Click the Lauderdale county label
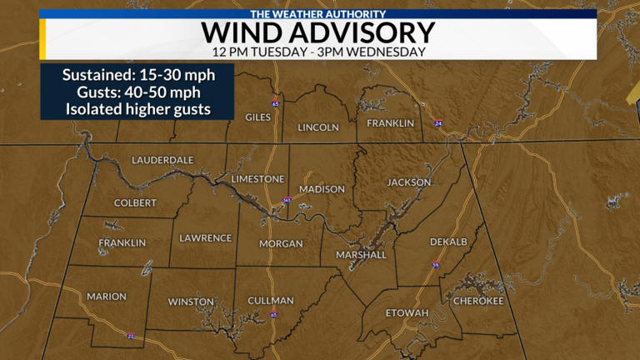(x=162, y=160)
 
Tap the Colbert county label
(x=135, y=202)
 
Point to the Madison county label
(x=322, y=189)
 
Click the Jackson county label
(x=408, y=182)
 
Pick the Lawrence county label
(x=206, y=238)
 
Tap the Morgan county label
(x=281, y=244)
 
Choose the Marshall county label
(x=362, y=255)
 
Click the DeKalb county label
(x=448, y=242)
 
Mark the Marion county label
(x=107, y=297)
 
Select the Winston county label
(x=191, y=302)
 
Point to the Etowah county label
(x=407, y=313)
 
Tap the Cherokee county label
(x=478, y=301)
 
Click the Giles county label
(x=258, y=117)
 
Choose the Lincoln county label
(x=318, y=127)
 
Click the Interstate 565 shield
(x=287, y=201)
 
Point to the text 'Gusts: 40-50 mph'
(x=137, y=92)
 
